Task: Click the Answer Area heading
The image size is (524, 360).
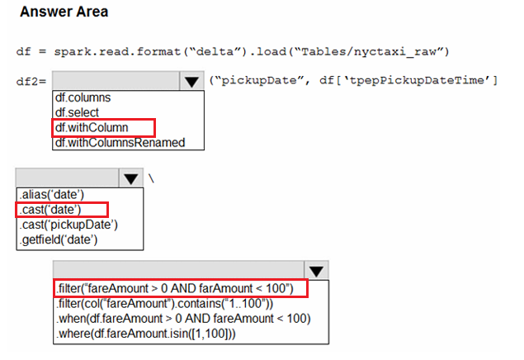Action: tap(64, 12)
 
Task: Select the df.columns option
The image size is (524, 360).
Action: tap(83, 97)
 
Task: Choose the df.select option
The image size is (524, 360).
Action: tap(77, 112)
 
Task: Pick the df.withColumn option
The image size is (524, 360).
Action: tap(92, 127)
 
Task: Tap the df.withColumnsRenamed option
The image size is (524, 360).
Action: tap(120, 142)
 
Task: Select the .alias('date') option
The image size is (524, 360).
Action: tap(52, 194)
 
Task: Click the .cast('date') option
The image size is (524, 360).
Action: tap(50, 210)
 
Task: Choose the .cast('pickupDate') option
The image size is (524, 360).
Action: tap(68, 225)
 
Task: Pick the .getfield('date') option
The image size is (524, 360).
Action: tap(59, 239)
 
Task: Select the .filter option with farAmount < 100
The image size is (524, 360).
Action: tap(175, 288)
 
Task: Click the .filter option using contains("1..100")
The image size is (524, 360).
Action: tap(165, 304)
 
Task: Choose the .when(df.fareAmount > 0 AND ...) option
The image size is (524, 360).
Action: tap(183, 319)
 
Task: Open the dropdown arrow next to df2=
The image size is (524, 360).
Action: tap(191, 81)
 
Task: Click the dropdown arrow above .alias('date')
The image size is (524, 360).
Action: tap(130, 178)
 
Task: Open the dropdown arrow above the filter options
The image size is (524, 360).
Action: tap(316, 271)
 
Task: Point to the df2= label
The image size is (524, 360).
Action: tap(31, 81)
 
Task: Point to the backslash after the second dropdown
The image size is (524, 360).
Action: tap(151, 179)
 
